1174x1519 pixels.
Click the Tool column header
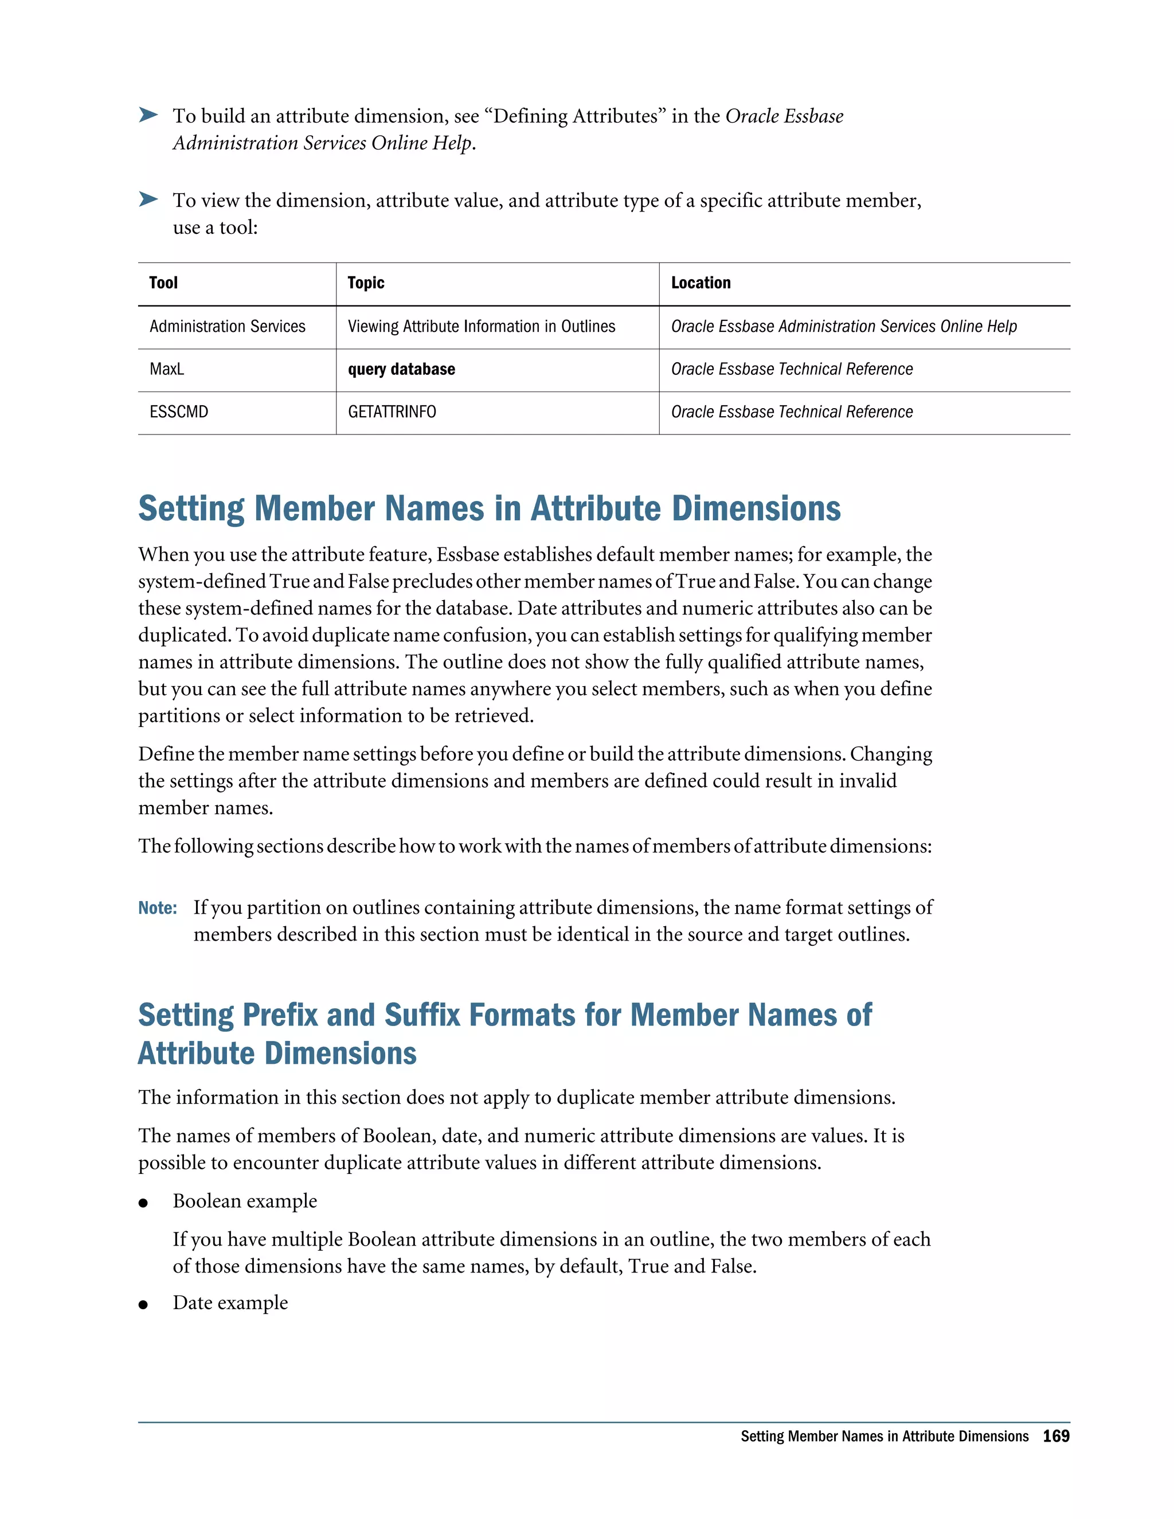coord(163,283)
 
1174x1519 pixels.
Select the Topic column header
coord(366,283)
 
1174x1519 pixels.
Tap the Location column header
coord(701,283)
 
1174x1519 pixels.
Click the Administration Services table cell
coord(228,326)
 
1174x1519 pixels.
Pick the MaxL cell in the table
coord(167,369)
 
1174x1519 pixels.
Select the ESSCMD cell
coord(179,412)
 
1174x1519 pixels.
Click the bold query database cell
coord(401,369)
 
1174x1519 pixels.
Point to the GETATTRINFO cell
coord(392,412)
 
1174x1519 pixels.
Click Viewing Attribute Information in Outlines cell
coord(482,326)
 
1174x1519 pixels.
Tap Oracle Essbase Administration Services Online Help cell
coord(844,326)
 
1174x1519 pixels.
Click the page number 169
coord(1056,1436)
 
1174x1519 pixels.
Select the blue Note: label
coord(157,907)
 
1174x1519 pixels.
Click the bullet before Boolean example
coord(143,1203)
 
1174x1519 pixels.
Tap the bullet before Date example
coord(143,1305)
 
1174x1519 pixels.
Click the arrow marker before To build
coord(148,115)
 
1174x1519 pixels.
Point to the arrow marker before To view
coord(148,199)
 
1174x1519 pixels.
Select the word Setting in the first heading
coord(191,508)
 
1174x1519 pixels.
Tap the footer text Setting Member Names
coord(884,1436)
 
